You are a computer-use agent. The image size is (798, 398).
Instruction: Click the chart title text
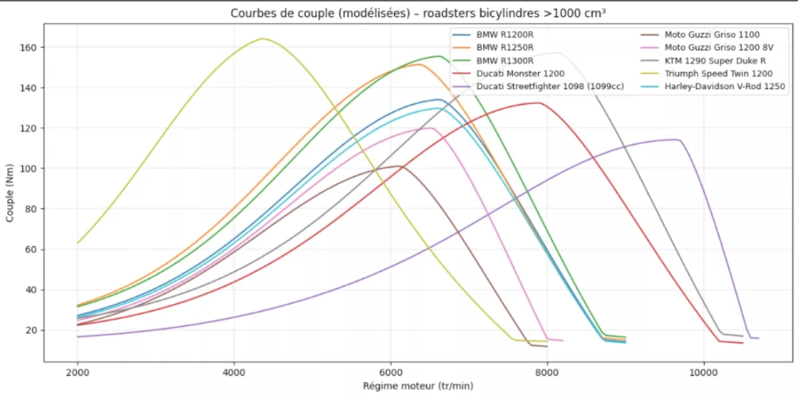pos(418,13)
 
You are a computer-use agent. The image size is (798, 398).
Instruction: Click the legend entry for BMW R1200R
pos(504,36)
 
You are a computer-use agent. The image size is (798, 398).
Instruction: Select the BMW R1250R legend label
pos(504,48)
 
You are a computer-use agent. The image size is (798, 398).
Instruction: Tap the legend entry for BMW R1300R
pos(504,61)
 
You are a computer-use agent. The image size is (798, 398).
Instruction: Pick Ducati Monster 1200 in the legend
pos(520,73)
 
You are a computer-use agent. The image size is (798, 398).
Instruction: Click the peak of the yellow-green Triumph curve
pos(262,39)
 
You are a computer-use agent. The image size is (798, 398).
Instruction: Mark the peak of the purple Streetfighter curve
pos(676,140)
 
